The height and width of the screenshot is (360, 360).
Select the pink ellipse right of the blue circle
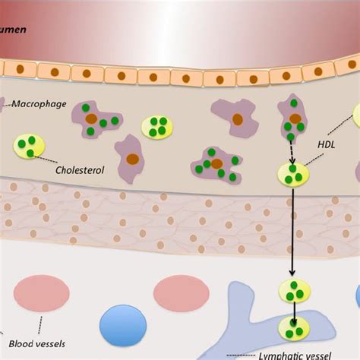coord(181,292)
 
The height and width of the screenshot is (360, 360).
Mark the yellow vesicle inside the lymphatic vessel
coord(292,330)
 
